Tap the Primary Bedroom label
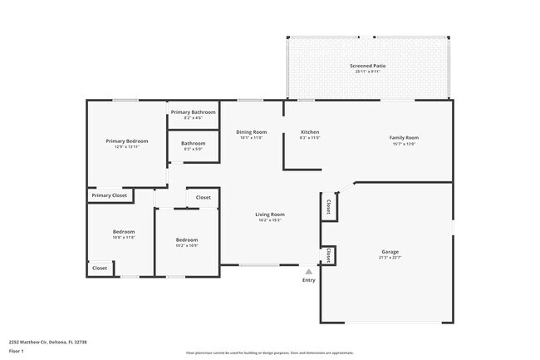[126, 141]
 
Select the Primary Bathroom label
[193, 112]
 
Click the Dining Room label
[251, 132]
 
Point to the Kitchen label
[310, 132]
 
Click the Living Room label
[270, 215]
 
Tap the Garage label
[390, 250]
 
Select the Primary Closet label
[109, 195]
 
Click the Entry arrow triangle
[309, 271]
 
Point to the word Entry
[309, 280]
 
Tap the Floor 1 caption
[17, 351]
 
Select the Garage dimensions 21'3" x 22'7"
[390, 257]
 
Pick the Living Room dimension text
[270, 221]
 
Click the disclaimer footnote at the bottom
[269, 353]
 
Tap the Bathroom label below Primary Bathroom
[193, 143]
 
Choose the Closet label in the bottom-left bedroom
[100, 269]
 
